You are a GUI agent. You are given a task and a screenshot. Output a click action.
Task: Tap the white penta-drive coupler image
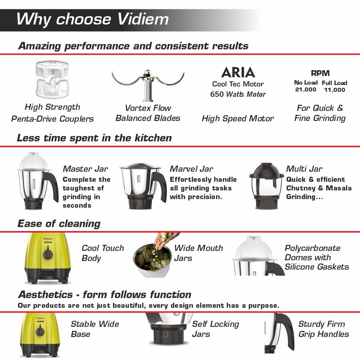(x=52, y=79)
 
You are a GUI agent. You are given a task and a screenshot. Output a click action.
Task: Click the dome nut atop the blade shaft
(x=148, y=73)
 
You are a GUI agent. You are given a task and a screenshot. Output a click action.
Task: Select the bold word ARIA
(x=238, y=72)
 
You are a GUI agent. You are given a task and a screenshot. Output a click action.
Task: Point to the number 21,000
(x=306, y=90)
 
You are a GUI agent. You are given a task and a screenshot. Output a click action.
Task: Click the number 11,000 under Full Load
(x=334, y=90)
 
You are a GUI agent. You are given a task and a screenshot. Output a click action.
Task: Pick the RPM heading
(x=320, y=73)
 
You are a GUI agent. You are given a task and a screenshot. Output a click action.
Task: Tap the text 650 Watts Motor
(x=238, y=94)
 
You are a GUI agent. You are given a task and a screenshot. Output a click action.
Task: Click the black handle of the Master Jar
(x=52, y=186)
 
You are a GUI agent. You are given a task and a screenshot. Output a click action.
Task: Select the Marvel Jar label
(x=191, y=169)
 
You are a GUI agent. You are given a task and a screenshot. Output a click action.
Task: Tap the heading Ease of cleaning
(x=59, y=224)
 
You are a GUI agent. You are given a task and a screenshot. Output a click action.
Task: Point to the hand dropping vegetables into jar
(x=166, y=240)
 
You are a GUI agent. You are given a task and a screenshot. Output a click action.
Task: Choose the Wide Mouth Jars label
(x=198, y=253)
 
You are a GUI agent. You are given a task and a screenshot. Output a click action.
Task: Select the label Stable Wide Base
(x=95, y=329)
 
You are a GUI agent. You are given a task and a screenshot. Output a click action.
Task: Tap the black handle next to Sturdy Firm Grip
(x=285, y=330)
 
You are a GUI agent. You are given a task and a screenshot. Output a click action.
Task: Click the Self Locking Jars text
(x=215, y=329)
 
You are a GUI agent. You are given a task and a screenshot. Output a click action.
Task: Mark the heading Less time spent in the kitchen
(x=94, y=138)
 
